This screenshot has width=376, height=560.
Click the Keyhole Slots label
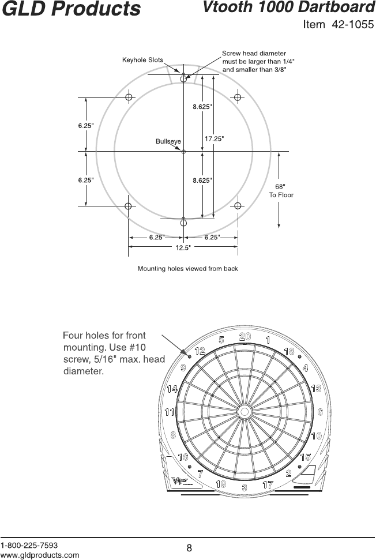pyautogui.click(x=142, y=60)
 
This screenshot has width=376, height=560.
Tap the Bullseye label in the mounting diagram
pyautogui.click(x=168, y=141)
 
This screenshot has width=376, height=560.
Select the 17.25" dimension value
pyautogui.click(x=215, y=138)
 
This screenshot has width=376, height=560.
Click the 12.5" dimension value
pyautogui.click(x=183, y=248)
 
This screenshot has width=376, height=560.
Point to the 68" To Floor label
pyautogui.click(x=281, y=191)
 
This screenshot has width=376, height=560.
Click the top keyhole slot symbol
pyautogui.click(x=183, y=77)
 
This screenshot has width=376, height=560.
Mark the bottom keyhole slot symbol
pyautogui.click(x=183, y=221)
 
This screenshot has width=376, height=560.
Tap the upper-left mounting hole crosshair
pyautogui.click(x=129, y=96)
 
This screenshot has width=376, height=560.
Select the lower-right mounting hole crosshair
pyautogui.click(x=238, y=206)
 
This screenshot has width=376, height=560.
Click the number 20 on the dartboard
pyautogui.click(x=245, y=336)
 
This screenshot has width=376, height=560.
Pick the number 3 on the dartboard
pyautogui.click(x=245, y=488)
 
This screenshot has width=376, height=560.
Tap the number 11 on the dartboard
pyautogui.click(x=169, y=412)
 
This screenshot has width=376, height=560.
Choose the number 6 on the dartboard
pyautogui.click(x=319, y=412)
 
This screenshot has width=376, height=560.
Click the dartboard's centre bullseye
pyautogui.click(x=244, y=412)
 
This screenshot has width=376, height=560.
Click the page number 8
pyautogui.click(x=189, y=548)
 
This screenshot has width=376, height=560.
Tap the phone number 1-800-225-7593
pyautogui.click(x=29, y=545)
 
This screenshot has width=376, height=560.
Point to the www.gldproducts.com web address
pyautogui.click(x=40, y=555)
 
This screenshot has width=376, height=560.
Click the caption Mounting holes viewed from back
pyautogui.click(x=187, y=268)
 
